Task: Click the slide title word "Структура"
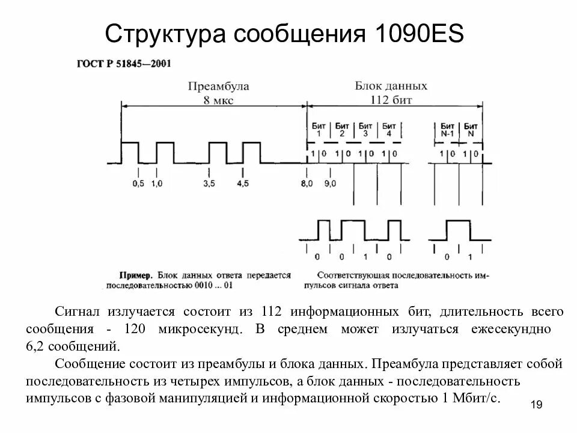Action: click(162, 34)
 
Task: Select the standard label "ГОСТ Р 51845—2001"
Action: click(124, 64)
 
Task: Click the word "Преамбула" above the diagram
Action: click(218, 86)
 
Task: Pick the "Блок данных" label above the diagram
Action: click(391, 85)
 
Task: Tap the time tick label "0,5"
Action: click(138, 183)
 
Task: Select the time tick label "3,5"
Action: click(209, 183)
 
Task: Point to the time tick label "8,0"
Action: click(307, 183)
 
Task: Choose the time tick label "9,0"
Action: click(330, 183)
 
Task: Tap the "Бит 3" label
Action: click(365, 129)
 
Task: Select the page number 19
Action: click(537, 405)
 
